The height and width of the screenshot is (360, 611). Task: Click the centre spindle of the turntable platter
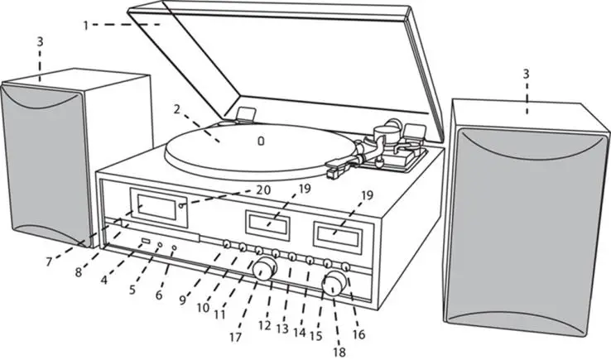262,140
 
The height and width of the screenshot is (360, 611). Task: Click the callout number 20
263,190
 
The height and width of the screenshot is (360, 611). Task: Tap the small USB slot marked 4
146,242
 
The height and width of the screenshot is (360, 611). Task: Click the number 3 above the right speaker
526,75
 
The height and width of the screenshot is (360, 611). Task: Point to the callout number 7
49,262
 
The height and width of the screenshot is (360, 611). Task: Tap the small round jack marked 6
174,248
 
